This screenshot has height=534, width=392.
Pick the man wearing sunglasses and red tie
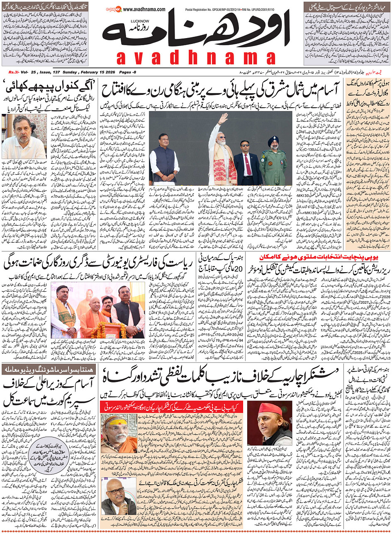(247, 159)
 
